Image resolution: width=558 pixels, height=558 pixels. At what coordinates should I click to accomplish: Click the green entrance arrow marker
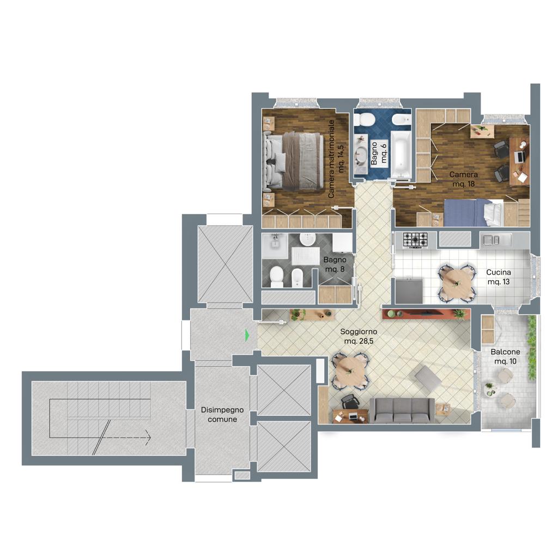(x=247, y=335)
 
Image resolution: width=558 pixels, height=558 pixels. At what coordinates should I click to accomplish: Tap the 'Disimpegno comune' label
(x=222, y=415)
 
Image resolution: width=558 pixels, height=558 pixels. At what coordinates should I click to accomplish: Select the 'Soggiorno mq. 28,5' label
(x=359, y=336)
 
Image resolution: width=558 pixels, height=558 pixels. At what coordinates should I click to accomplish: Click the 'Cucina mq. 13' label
(x=499, y=277)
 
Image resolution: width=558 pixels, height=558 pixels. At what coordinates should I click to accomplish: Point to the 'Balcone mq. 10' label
(x=505, y=356)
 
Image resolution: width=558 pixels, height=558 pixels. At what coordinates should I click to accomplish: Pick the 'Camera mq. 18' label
(x=463, y=179)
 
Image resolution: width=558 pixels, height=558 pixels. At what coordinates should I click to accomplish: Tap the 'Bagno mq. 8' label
(x=335, y=264)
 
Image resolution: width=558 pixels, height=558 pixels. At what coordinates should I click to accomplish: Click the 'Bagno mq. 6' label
(x=378, y=153)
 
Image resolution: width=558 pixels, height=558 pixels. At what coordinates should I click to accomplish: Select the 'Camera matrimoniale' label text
(x=331, y=159)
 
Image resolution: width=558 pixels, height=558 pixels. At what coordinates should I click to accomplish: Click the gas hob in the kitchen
(x=415, y=240)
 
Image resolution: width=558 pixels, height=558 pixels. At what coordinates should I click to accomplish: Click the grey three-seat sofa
(x=402, y=410)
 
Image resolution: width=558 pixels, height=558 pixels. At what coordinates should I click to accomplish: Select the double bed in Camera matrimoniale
(x=294, y=160)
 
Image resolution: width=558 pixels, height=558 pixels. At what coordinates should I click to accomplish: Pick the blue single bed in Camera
(x=474, y=213)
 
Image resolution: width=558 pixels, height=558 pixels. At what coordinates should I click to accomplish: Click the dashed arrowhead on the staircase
(x=148, y=438)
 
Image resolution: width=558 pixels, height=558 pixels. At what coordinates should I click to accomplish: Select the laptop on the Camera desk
(x=520, y=156)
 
